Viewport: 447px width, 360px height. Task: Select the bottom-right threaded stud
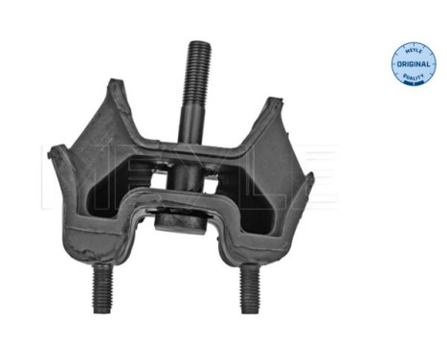(x=248, y=287)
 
